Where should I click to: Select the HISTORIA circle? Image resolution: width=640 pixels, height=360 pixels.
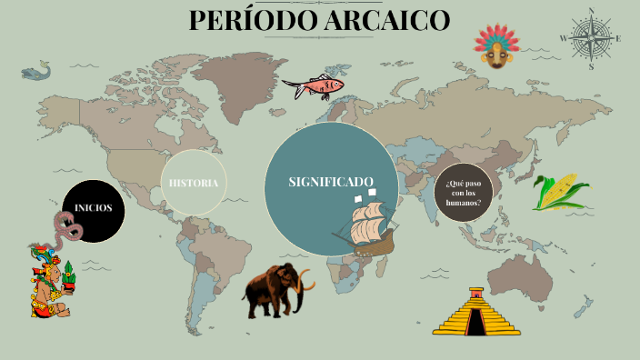click(x=193, y=183)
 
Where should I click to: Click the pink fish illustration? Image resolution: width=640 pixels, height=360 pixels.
click(x=315, y=87)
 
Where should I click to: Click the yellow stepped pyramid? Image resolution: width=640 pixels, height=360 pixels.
click(x=476, y=314)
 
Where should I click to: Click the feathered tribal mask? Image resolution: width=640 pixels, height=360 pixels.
click(x=495, y=46)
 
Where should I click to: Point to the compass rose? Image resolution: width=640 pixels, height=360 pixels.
click(x=592, y=38)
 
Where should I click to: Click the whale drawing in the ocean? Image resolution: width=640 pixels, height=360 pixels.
click(x=35, y=70)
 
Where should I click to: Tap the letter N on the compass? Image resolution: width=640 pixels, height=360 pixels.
click(x=592, y=10)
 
